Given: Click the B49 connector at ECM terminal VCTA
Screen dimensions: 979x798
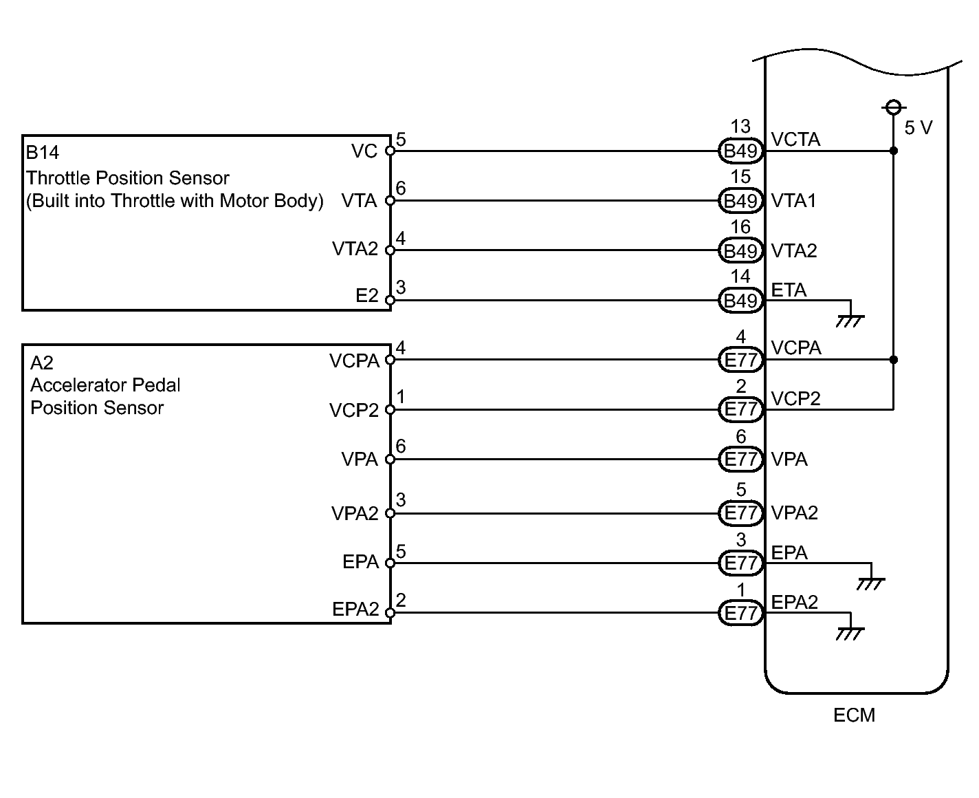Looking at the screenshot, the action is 740,151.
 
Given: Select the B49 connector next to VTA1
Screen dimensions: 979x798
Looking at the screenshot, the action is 740,201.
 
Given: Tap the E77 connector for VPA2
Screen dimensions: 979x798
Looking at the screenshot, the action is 740,513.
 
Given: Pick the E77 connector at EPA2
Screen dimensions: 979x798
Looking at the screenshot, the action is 740,613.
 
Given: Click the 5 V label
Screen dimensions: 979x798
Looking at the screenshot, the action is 918,128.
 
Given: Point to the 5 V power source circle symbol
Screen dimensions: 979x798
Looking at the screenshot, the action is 894,107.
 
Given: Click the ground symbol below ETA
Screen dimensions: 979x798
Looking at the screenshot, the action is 850,321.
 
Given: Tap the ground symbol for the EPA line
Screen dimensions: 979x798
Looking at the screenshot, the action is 871,583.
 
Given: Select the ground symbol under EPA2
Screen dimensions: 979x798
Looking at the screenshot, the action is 850,634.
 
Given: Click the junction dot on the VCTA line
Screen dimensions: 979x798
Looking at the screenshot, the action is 894,151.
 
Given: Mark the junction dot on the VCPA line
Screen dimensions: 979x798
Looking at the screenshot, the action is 894,360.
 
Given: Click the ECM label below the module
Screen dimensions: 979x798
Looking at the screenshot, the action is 854,715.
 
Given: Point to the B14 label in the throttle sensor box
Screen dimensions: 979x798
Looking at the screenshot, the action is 43,152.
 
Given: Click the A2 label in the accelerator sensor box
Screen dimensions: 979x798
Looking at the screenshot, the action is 42,363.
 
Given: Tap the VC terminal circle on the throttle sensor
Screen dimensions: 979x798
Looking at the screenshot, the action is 390,151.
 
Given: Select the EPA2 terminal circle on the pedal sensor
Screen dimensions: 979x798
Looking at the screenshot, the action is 390,613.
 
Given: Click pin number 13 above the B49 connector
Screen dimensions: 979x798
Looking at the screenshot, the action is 740,127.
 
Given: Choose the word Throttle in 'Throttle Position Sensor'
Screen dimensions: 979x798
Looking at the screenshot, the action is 58,177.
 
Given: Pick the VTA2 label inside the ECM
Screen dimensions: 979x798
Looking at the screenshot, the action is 794,250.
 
